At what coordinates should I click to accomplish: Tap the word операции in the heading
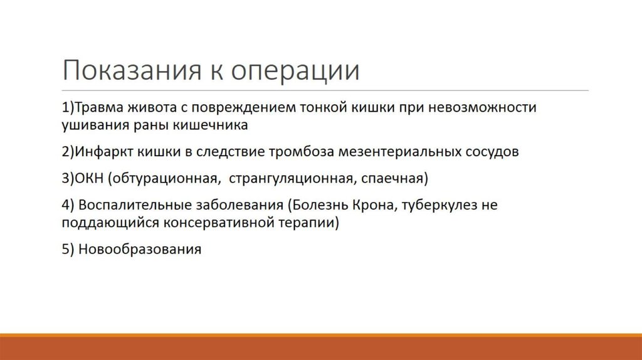(x=295, y=70)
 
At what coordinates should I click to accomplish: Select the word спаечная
(x=394, y=179)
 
